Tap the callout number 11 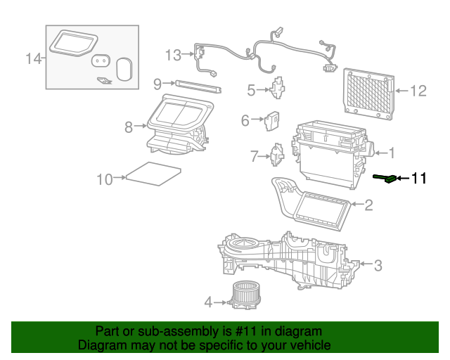click(x=418, y=179)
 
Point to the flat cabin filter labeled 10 click(x=152, y=174)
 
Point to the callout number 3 click(x=378, y=265)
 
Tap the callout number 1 click(x=392, y=153)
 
